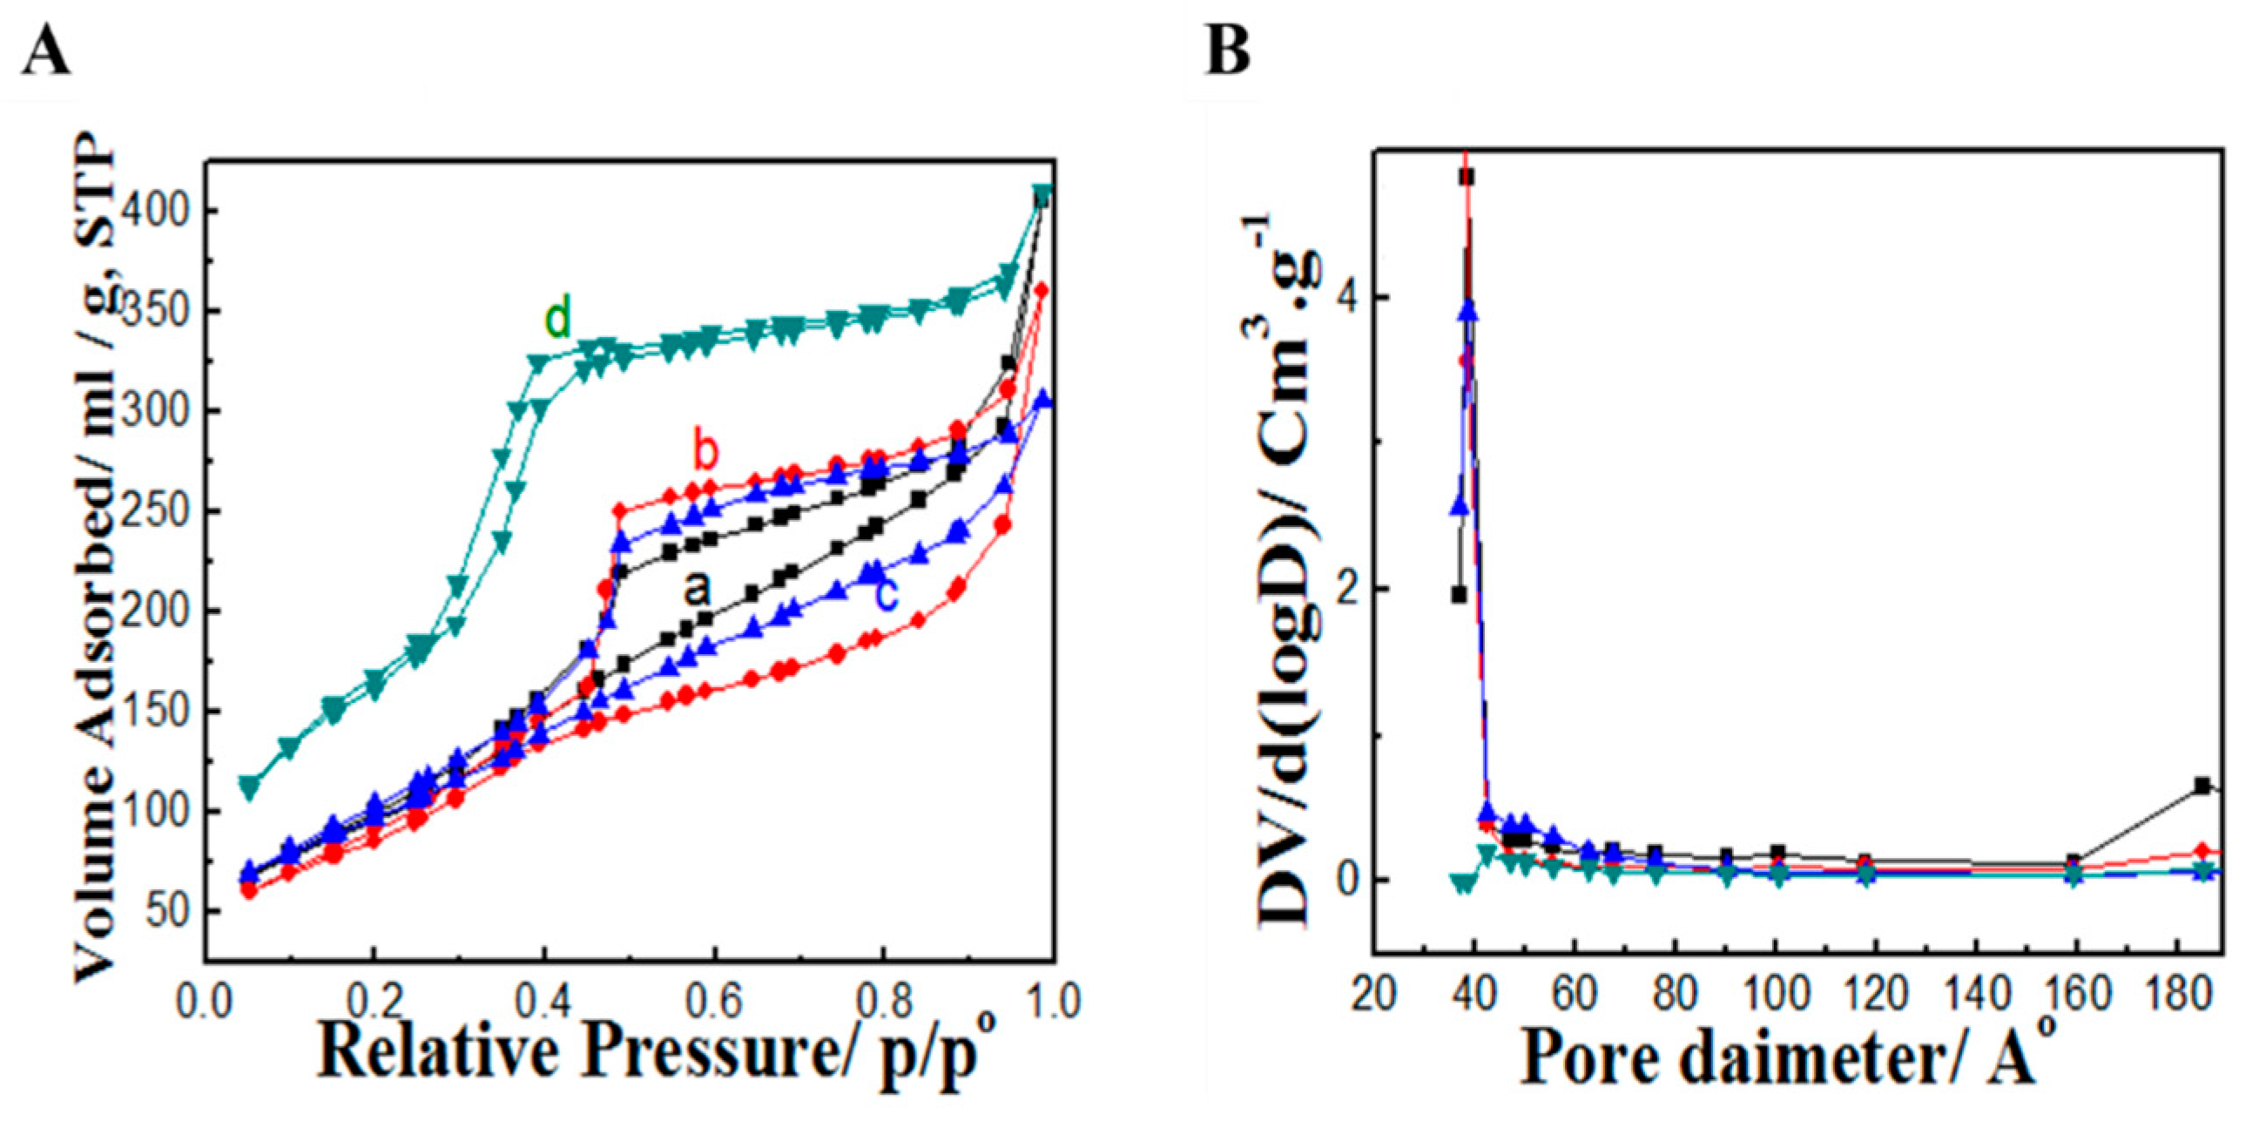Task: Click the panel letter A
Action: [x=45, y=51]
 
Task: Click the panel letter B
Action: [x=1228, y=51]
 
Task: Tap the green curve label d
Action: [x=557, y=318]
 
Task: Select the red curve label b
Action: [x=705, y=453]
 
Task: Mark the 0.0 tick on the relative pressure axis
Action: [x=206, y=1000]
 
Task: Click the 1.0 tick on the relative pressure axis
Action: [x=1052, y=1000]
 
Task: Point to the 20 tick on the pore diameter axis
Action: [x=1373, y=995]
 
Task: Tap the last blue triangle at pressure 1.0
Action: [x=1042, y=400]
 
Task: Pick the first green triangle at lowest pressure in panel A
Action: [x=250, y=787]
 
